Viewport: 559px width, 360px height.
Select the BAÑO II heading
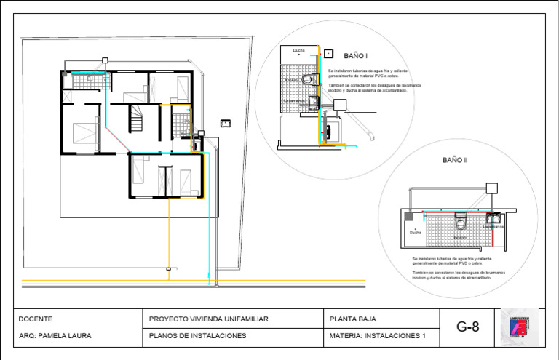point(455,159)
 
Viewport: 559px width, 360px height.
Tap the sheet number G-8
point(468,327)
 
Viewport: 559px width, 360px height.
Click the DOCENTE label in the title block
point(36,319)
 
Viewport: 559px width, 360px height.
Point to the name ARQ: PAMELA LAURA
point(55,336)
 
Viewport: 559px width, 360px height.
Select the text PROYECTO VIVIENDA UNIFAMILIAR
point(209,319)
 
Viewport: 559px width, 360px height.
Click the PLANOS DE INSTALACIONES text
point(197,336)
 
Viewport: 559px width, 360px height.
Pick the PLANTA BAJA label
point(353,319)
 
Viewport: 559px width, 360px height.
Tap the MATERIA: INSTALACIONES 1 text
point(376,336)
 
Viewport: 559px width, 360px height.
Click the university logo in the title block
point(520,327)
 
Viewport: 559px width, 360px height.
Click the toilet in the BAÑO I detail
point(310,79)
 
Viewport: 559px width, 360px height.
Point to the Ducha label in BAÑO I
point(299,50)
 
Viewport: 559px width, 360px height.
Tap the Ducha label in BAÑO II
point(415,233)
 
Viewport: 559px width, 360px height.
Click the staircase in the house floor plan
point(137,119)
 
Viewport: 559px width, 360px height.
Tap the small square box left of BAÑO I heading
point(329,54)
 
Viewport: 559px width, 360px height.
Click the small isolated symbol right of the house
point(226,122)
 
